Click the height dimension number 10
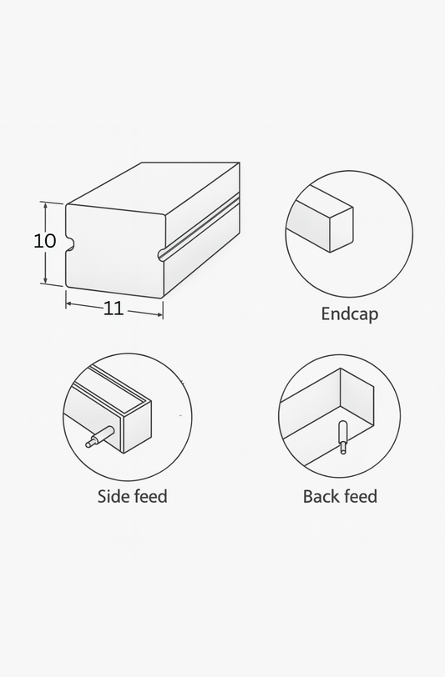tap(45, 241)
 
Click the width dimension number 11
tap(114, 308)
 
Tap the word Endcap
tap(349, 314)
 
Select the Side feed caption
tap(132, 497)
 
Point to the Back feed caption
tap(340, 497)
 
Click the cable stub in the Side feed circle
tap(99, 437)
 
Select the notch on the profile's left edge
tap(70, 244)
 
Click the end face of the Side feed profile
tap(138, 428)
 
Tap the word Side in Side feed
tap(113, 497)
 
